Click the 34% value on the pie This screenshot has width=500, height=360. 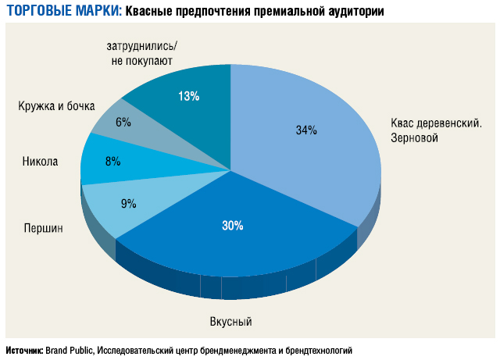pos(306,130)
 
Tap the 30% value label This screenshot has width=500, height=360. pos(233,226)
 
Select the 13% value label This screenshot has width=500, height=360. pos(189,96)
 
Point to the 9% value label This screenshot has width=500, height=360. pos(128,204)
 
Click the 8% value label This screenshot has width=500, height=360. pos(112,162)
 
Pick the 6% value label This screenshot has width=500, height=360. pos(123,122)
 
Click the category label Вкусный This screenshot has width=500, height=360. pos(231,322)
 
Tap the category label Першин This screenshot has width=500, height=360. pos(43,228)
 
